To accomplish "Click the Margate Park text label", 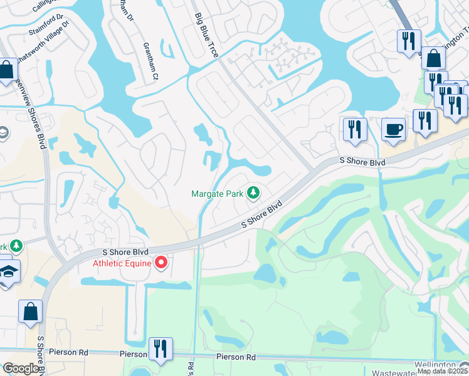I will point(217,194).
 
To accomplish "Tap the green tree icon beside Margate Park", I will point(253,192).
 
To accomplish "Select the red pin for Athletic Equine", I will point(161,263).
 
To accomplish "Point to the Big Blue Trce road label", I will point(206,36).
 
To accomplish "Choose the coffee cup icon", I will point(393,129).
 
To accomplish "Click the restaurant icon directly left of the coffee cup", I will point(355,129).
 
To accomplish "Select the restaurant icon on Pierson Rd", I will point(161,349).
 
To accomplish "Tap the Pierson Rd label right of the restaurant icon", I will point(236,357).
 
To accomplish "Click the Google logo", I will point(21,368).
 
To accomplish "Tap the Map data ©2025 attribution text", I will point(443,371).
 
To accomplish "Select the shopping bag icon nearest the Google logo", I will point(30,312).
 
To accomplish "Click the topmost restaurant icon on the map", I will point(408,41).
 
